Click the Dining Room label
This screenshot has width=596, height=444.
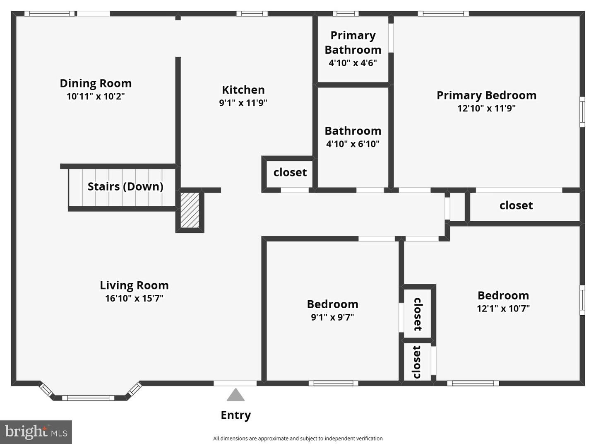pyautogui.click(x=96, y=84)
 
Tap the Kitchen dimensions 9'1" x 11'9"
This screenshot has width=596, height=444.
pyautogui.click(x=243, y=103)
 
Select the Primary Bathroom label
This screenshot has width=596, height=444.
pyautogui.click(x=353, y=43)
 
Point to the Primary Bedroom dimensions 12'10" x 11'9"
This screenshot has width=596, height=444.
pyautogui.click(x=486, y=109)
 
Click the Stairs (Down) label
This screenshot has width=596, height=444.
pyautogui.click(x=125, y=187)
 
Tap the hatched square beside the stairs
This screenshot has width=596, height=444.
pyautogui.click(x=190, y=210)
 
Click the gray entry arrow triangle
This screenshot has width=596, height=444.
pyautogui.click(x=236, y=395)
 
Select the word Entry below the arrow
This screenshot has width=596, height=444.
pyautogui.click(x=236, y=415)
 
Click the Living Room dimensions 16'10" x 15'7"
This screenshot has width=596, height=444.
pyautogui.click(x=135, y=298)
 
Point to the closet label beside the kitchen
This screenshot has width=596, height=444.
pyautogui.click(x=290, y=172)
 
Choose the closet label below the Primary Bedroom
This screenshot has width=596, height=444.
pyautogui.click(x=516, y=205)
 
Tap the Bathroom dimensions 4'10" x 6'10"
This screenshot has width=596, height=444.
pyautogui.click(x=353, y=144)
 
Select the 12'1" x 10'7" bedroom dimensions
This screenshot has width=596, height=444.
pyautogui.click(x=503, y=308)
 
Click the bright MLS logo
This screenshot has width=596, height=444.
pyautogui.click(x=36, y=432)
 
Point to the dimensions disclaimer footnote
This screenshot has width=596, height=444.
pyautogui.click(x=298, y=439)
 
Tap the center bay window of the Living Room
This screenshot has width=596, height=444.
pyautogui.click(x=88, y=398)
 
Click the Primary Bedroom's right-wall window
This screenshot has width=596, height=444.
pyautogui.click(x=582, y=111)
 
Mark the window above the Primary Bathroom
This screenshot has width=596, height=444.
pyautogui.click(x=345, y=13)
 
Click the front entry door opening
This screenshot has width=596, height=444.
pyautogui.click(x=235, y=383)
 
